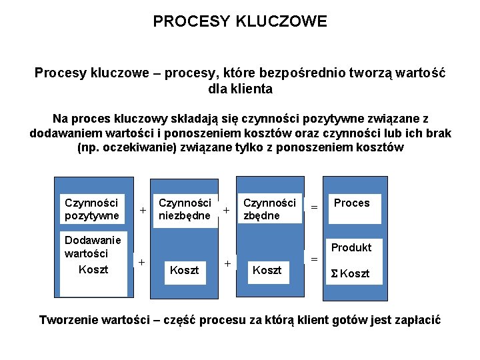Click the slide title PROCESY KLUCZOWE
[x=240, y=22]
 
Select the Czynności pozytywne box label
[x=91, y=209]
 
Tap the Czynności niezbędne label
[x=185, y=209]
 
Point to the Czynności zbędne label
[x=269, y=209]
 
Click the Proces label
[x=351, y=203]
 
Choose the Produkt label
[x=351, y=247]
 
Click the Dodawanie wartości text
[x=93, y=247]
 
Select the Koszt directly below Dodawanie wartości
[x=93, y=269]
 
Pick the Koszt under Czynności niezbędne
[x=185, y=270]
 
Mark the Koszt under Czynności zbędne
[x=267, y=270]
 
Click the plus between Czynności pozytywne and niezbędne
[x=142, y=211]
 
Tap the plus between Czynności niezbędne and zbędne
[x=227, y=211]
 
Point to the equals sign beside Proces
[x=314, y=208]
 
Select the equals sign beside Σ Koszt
[x=314, y=259]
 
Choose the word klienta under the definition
[x=252, y=87]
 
